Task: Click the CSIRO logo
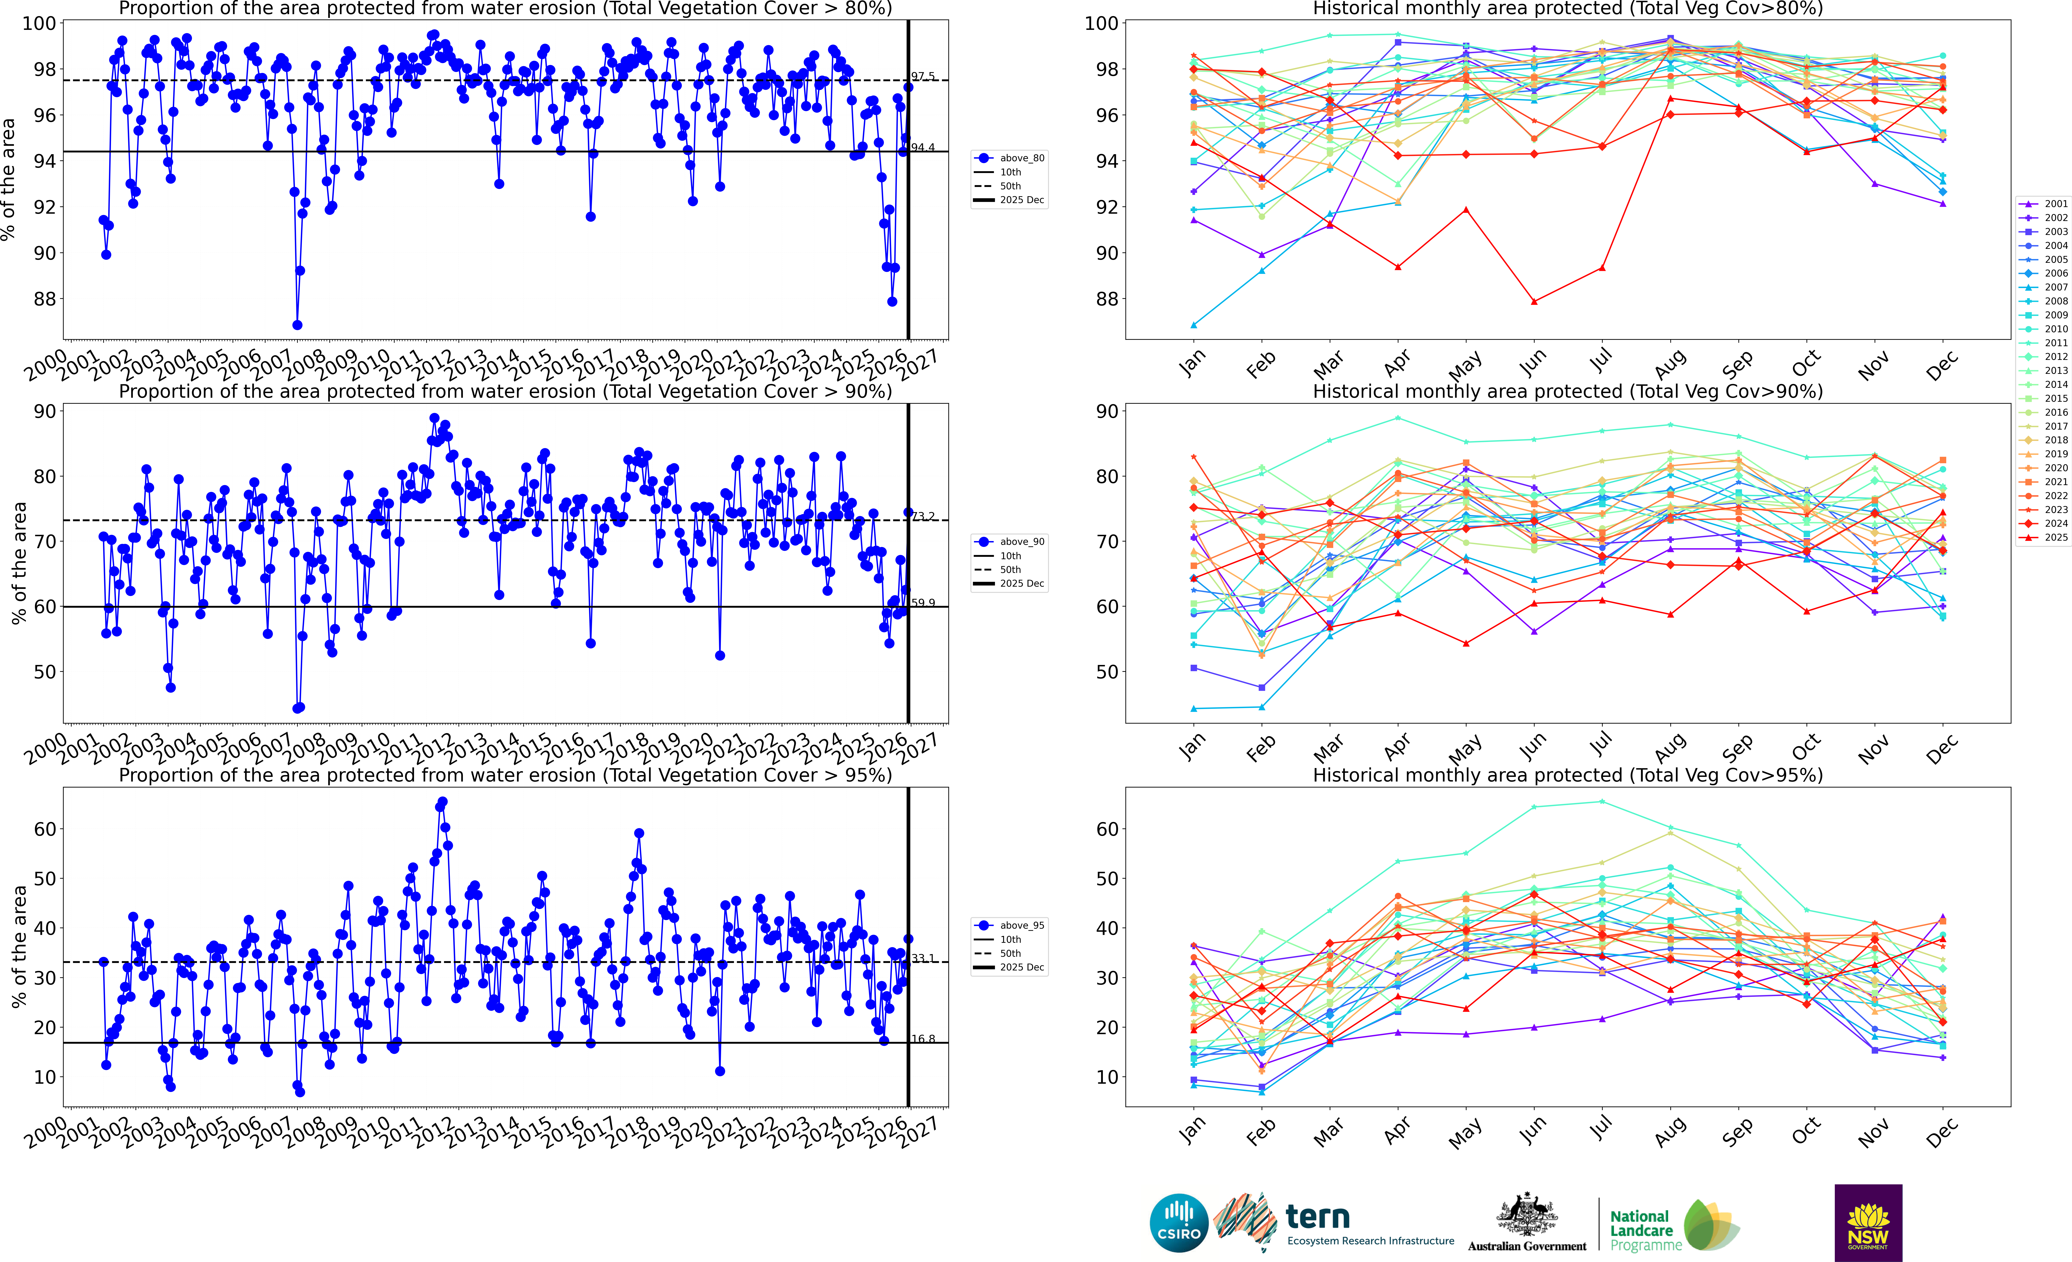1178,1222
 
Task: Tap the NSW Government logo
1868,1222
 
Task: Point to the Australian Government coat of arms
1526,1216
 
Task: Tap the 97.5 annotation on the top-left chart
922,77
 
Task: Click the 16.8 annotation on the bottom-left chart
922,1039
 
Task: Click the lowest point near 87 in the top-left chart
297,325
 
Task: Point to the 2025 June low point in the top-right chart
1534,301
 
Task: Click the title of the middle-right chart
1568,391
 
